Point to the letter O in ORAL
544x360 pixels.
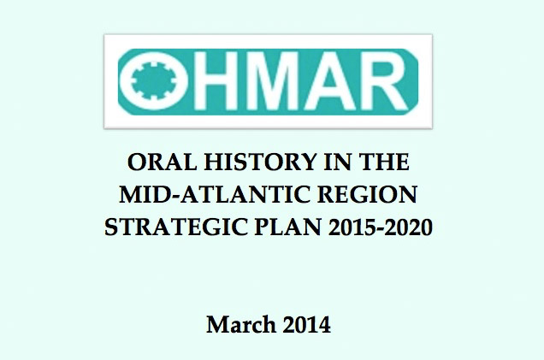133,163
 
